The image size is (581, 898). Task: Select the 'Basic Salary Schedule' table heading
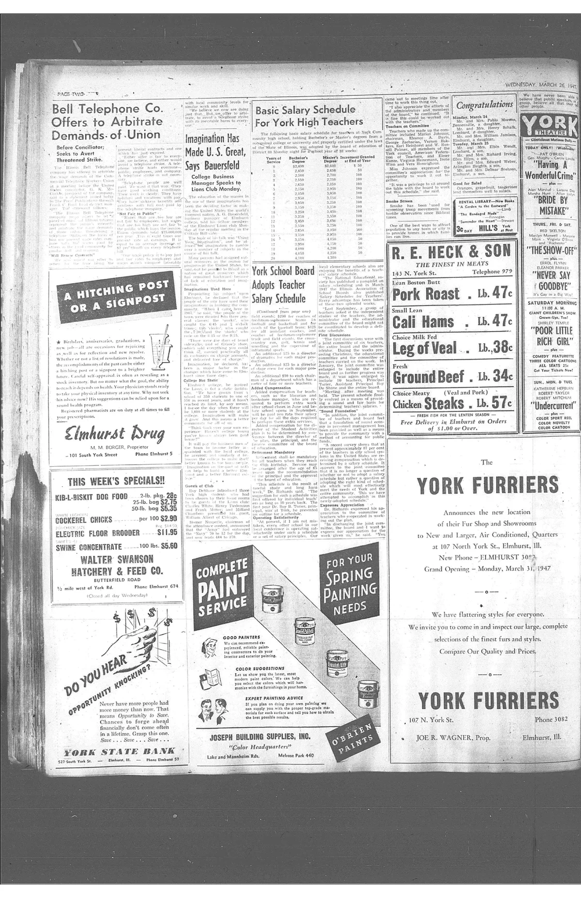pos(305,110)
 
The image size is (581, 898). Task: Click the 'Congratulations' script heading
pos(478,105)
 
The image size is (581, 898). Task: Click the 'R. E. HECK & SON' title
pos(451,251)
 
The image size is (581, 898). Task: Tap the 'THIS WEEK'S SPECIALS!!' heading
pos(116,481)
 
